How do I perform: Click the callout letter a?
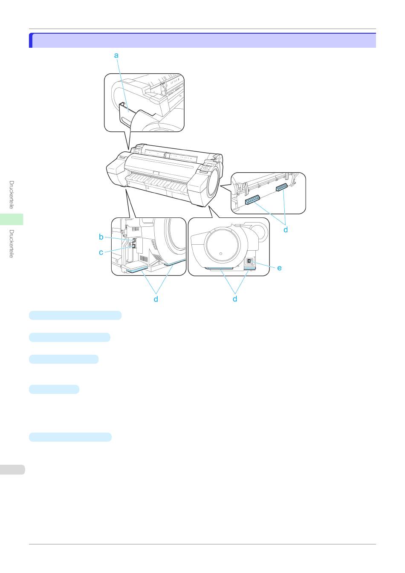tap(116, 55)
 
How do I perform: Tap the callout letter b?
tap(101, 237)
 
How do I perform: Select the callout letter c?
tap(101, 252)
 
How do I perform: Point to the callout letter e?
tap(279, 268)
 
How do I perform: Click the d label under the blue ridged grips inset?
tap(286, 229)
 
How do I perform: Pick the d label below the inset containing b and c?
tap(156, 298)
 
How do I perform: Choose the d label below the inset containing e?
tap(235, 298)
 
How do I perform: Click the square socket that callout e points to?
tap(249, 261)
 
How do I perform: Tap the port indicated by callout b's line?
tap(134, 240)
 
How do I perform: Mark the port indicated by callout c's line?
tap(133, 246)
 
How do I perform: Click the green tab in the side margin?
tap(12, 219)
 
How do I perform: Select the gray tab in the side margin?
tap(12, 470)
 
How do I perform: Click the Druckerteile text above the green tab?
tap(12, 195)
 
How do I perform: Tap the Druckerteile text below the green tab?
tap(12, 244)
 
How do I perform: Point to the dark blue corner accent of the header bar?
tap(31, 40)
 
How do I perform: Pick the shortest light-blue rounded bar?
tap(54, 389)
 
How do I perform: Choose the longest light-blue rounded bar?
tap(75, 315)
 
